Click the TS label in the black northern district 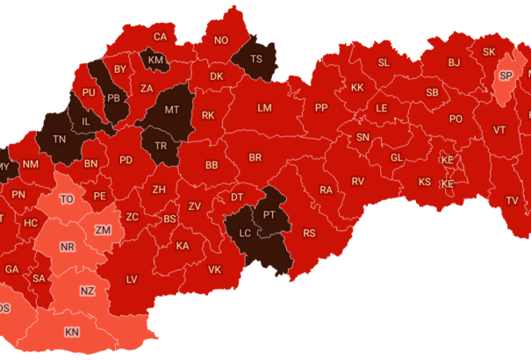click(256, 60)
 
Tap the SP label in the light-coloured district click(506, 76)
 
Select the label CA click(160, 37)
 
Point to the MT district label click(171, 111)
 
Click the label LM click(264, 108)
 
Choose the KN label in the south click(71, 333)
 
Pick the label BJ click(454, 62)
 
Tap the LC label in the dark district click(244, 234)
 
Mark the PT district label click(269, 214)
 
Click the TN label click(61, 140)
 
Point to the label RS click(309, 234)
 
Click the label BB click(212, 165)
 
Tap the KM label click(155, 60)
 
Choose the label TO click(67, 199)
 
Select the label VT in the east click(499, 130)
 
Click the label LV click(132, 279)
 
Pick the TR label click(161, 146)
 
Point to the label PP click(321, 108)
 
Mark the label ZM click(103, 230)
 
